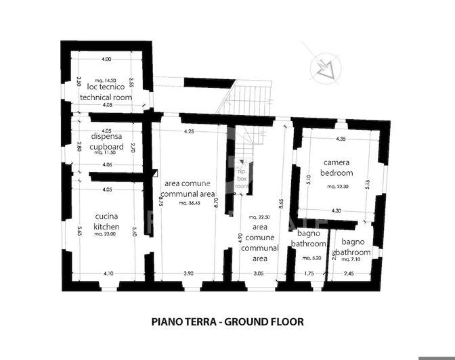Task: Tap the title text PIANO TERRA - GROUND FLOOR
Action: coord(227,322)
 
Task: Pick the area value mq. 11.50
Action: coord(107,153)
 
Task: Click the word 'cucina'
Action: coord(107,217)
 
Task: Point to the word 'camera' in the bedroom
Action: coord(337,162)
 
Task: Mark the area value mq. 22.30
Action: coord(337,185)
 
